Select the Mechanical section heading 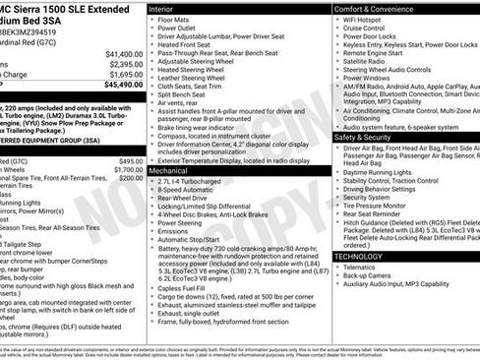(170, 170)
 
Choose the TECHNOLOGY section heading (358, 256)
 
